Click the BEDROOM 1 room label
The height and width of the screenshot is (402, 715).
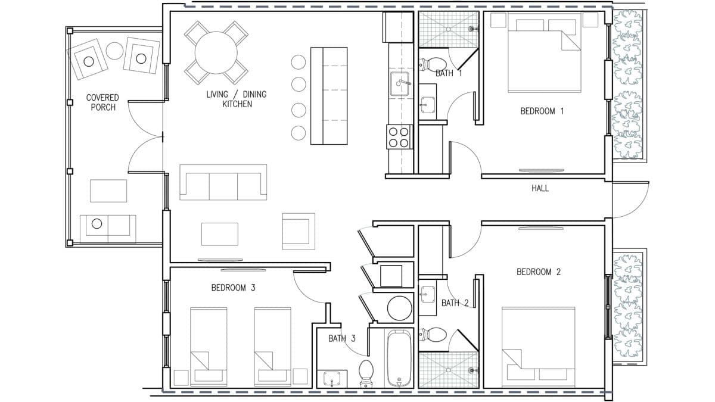(542, 111)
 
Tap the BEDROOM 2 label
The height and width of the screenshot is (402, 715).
(539, 272)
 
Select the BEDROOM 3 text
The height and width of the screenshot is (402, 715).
(234, 288)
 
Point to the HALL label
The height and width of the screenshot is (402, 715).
(540, 188)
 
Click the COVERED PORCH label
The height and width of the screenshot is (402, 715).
(102, 102)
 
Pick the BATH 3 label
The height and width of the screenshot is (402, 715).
(342, 338)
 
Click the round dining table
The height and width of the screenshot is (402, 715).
(216, 52)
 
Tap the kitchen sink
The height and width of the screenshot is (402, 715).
(399, 84)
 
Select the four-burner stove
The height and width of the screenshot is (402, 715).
(399, 137)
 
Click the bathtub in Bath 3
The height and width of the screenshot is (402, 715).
(399, 359)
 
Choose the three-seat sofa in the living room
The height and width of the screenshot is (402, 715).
(223, 182)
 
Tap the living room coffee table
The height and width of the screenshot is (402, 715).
(220, 234)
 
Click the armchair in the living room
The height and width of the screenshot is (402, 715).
(299, 231)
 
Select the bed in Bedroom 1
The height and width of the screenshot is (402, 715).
(544, 52)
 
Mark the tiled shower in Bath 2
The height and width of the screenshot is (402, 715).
(449, 370)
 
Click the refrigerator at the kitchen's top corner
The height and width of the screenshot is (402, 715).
(398, 27)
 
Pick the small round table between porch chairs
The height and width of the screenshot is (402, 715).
(114, 51)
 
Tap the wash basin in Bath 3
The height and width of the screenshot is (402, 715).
(332, 379)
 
